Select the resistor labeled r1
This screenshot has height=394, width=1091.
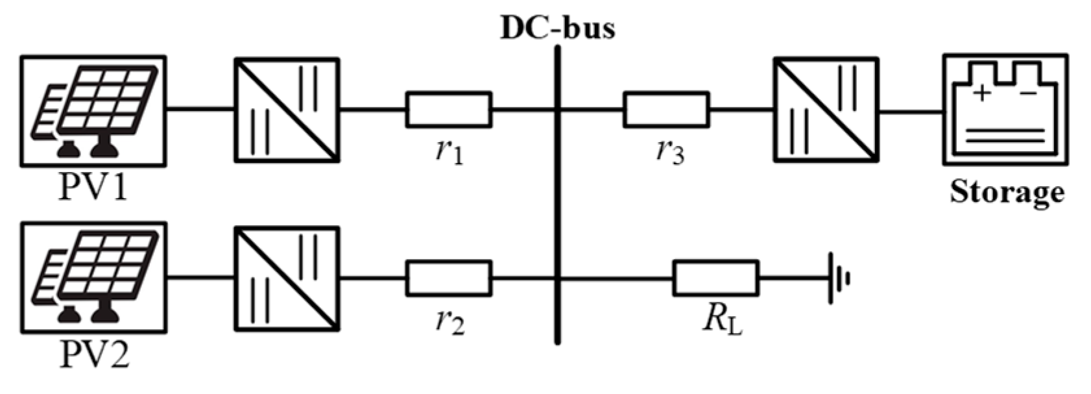click(x=448, y=110)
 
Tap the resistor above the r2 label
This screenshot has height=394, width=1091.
click(x=448, y=278)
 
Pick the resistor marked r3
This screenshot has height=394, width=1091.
click(x=666, y=110)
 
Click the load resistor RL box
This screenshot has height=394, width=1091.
click(x=715, y=278)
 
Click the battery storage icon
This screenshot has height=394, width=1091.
click(x=1005, y=109)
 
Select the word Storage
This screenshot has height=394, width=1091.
click(x=1007, y=193)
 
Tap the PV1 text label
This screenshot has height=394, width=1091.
click(x=93, y=188)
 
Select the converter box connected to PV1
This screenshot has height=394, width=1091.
click(x=286, y=110)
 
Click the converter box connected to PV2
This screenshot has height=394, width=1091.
click(x=286, y=278)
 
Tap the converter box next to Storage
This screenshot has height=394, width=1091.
click(x=826, y=110)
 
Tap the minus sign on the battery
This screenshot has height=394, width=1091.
click(x=1027, y=94)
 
